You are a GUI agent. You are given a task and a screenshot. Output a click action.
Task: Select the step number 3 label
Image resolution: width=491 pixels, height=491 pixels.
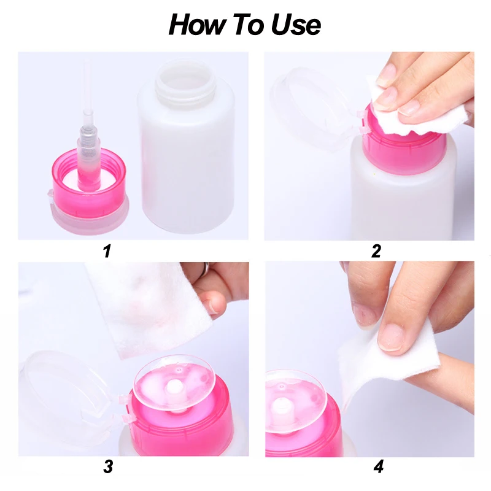click(108, 466)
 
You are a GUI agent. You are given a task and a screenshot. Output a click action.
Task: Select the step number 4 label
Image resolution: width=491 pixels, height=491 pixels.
click(378, 466)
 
